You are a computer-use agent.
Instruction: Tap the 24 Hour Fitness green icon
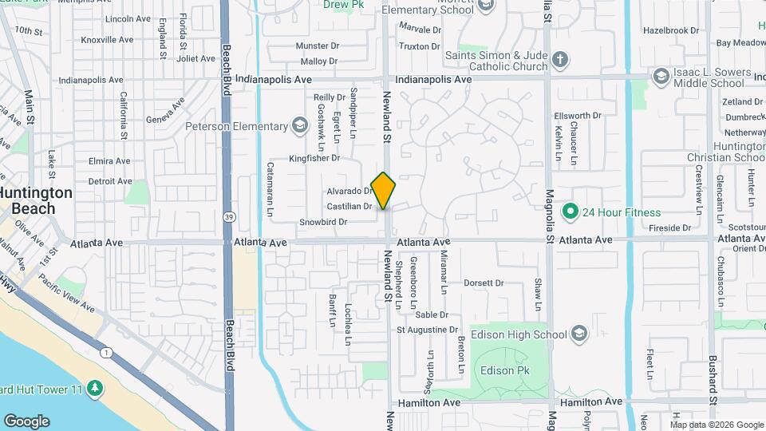click(570, 212)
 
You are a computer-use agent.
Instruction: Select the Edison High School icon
click(579, 334)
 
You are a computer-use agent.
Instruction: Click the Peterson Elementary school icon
click(299, 125)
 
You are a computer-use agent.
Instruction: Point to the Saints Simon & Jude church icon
click(561, 60)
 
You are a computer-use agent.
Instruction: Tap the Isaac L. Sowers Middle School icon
click(661, 77)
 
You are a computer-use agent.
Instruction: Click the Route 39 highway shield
click(229, 216)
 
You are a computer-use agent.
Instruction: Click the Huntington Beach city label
click(36, 200)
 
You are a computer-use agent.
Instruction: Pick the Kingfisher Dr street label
click(314, 158)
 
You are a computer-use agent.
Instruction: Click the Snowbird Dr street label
click(323, 222)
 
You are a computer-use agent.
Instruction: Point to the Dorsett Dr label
click(484, 283)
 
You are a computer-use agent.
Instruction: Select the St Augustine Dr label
click(428, 329)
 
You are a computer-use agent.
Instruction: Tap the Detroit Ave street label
click(110, 181)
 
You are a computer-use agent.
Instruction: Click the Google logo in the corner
click(26, 421)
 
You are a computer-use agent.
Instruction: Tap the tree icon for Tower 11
click(95, 388)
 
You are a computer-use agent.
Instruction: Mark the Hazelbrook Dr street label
click(670, 30)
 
